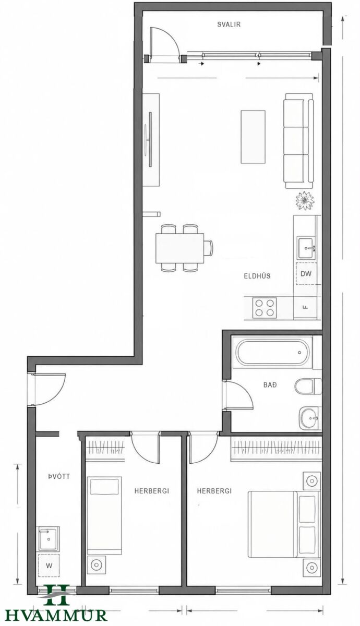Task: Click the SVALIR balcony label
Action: [x=229, y=25]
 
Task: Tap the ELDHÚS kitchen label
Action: [x=257, y=276]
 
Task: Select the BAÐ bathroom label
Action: [x=270, y=385]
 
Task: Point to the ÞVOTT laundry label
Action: [x=58, y=476]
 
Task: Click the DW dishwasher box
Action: [x=306, y=273]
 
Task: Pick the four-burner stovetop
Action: [x=265, y=308]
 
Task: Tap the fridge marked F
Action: [x=306, y=308]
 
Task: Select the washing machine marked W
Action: [x=49, y=566]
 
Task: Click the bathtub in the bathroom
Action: [x=273, y=353]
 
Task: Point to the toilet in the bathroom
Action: [x=308, y=387]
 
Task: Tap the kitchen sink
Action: [x=306, y=248]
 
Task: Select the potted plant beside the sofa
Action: [x=305, y=201]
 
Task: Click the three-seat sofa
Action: [x=298, y=141]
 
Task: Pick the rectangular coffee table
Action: [x=253, y=137]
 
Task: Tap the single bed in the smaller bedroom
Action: [x=104, y=515]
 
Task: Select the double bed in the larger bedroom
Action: [x=284, y=524]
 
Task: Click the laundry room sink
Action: [x=49, y=539]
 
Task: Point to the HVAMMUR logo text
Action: [x=56, y=616]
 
